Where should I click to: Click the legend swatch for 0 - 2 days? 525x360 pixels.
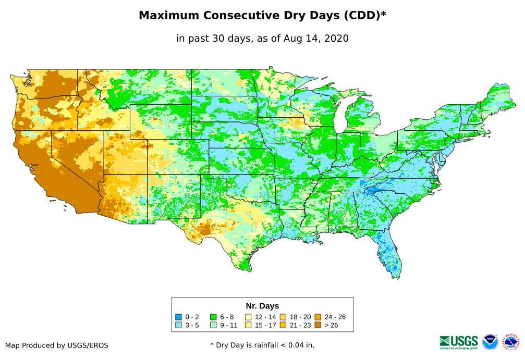(178, 317)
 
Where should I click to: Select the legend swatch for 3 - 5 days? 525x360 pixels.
(178, 326)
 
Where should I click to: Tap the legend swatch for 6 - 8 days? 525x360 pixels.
(213, 317)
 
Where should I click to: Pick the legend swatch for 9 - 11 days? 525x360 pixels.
(213, 326)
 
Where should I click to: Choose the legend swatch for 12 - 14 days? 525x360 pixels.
(249, 317)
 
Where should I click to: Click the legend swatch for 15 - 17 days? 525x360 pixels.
(249, 326)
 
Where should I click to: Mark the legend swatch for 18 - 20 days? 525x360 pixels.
(284, 317)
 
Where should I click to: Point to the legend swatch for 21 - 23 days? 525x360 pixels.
(284, 326)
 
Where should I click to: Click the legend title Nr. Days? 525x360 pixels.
(262, 306)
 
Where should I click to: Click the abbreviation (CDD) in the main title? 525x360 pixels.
(361, 16)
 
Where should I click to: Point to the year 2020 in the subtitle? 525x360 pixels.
(336, 38)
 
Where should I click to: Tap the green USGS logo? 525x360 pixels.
(459, 341)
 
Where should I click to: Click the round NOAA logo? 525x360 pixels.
(490, 342)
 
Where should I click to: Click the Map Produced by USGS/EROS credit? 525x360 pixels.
(57, 345)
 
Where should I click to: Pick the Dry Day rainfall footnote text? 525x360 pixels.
(262, 345)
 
